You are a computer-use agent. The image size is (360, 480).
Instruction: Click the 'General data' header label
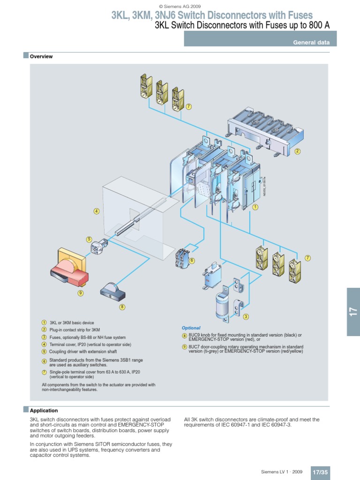311,42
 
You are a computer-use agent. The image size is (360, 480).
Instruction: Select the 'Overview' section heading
41,57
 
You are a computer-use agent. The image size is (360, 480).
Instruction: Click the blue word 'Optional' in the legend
191,328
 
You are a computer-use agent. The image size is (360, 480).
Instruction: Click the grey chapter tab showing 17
353,312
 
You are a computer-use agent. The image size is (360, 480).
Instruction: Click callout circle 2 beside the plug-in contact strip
297,151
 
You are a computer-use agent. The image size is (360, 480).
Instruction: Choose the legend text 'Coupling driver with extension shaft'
83,351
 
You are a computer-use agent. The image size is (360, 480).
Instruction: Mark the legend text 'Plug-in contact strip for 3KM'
75,330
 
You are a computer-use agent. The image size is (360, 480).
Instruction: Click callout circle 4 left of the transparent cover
97,211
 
